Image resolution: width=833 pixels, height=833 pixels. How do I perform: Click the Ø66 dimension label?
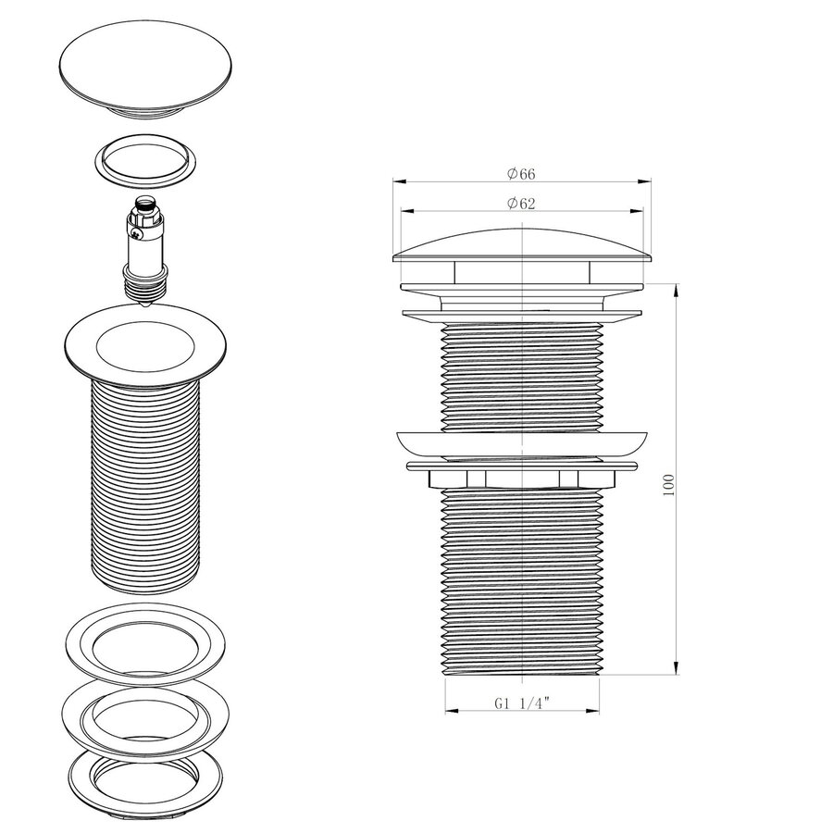[521, 173]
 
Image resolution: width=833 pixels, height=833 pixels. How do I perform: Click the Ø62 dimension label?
[521, 205]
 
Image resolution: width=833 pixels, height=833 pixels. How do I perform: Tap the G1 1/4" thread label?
[522, 702]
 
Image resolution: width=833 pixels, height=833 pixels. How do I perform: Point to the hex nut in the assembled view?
[524, 479]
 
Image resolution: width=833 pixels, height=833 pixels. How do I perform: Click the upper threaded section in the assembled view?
[524, 375]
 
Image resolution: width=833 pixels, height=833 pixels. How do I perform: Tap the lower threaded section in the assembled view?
[524, 583]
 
